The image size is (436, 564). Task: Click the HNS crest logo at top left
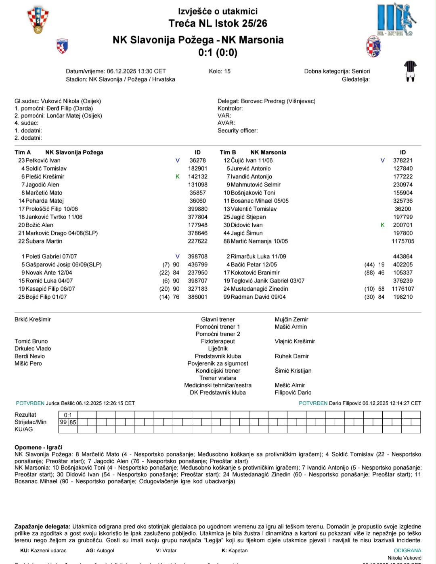point(38,20)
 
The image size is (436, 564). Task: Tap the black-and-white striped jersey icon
point(410,71)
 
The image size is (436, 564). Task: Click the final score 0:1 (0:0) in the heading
point(218,52)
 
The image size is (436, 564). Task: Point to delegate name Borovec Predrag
point(263,101)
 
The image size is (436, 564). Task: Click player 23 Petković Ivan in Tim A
point(39,160)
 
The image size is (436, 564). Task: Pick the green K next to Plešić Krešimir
point(178,176)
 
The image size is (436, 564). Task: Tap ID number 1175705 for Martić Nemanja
point(402,241)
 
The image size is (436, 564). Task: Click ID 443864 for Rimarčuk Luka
point(402,256)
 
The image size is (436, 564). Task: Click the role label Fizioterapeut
point(218,341)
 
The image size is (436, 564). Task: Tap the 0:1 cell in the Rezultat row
point(68,415)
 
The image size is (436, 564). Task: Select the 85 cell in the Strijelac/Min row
point(73,422)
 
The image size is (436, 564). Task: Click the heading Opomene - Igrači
point(38,447)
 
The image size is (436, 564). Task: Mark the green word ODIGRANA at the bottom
point(407,550)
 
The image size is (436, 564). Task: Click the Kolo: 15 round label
point(220,71)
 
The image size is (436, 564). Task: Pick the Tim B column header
point(228,152)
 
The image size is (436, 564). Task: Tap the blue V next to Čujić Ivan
point(383,160)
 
